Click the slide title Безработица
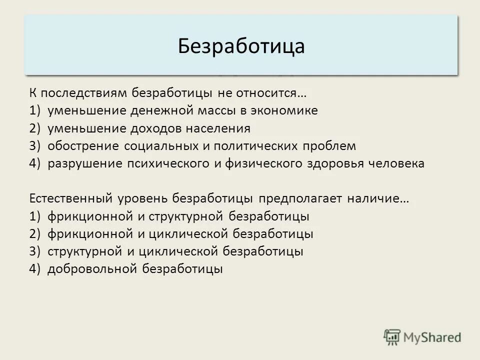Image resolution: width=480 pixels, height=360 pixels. coord(241,46)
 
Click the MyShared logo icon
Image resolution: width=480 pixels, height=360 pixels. coord(393,337)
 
